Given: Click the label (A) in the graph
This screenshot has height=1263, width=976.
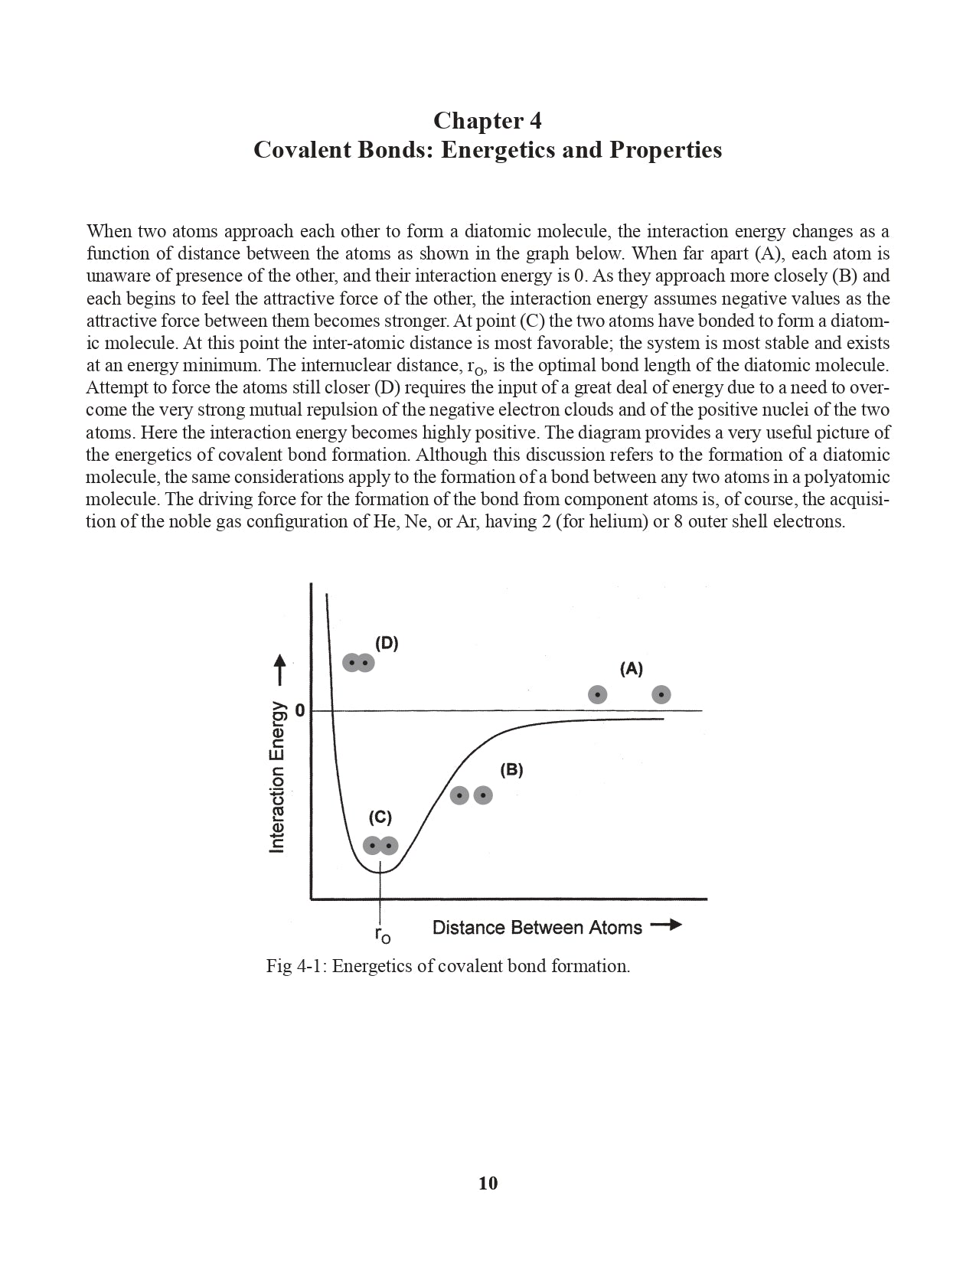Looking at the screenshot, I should (x=631, y=669).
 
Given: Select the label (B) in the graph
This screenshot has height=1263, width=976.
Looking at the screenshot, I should (x=511, y=770).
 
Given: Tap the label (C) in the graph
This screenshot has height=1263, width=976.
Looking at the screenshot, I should (x=380, y=818).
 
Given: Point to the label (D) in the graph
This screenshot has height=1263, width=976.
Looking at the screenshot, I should (x=387, y=643).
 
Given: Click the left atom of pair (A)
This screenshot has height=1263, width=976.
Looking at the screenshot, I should (x=597, y=694).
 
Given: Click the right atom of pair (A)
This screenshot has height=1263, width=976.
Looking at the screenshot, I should (x=661, y=694).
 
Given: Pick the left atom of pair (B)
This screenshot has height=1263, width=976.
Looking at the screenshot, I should (x=459, y=795).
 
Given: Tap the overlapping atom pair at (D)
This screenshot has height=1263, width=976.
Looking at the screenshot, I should (x=358, y=663).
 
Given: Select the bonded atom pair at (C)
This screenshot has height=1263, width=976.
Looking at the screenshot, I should (x=380, y=846).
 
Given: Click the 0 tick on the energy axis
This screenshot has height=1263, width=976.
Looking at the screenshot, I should (x=299, y=710).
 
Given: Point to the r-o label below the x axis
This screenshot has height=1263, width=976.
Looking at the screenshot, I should (x=382, y=934).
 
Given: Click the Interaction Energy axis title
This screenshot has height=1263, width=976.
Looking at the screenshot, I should (x=277, y=777).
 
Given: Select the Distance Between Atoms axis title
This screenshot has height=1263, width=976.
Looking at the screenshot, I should (x=537, y=928).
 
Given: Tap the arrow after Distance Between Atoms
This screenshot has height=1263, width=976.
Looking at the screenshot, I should (x=665, y=925).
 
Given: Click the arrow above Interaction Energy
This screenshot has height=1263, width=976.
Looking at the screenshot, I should (x=280, y=669).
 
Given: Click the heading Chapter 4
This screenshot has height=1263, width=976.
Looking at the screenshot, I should (x=488, y=120).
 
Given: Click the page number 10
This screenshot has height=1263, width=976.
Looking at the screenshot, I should (x=488, y=1183).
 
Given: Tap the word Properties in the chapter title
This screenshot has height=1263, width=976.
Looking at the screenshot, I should (x=665, y=149).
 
